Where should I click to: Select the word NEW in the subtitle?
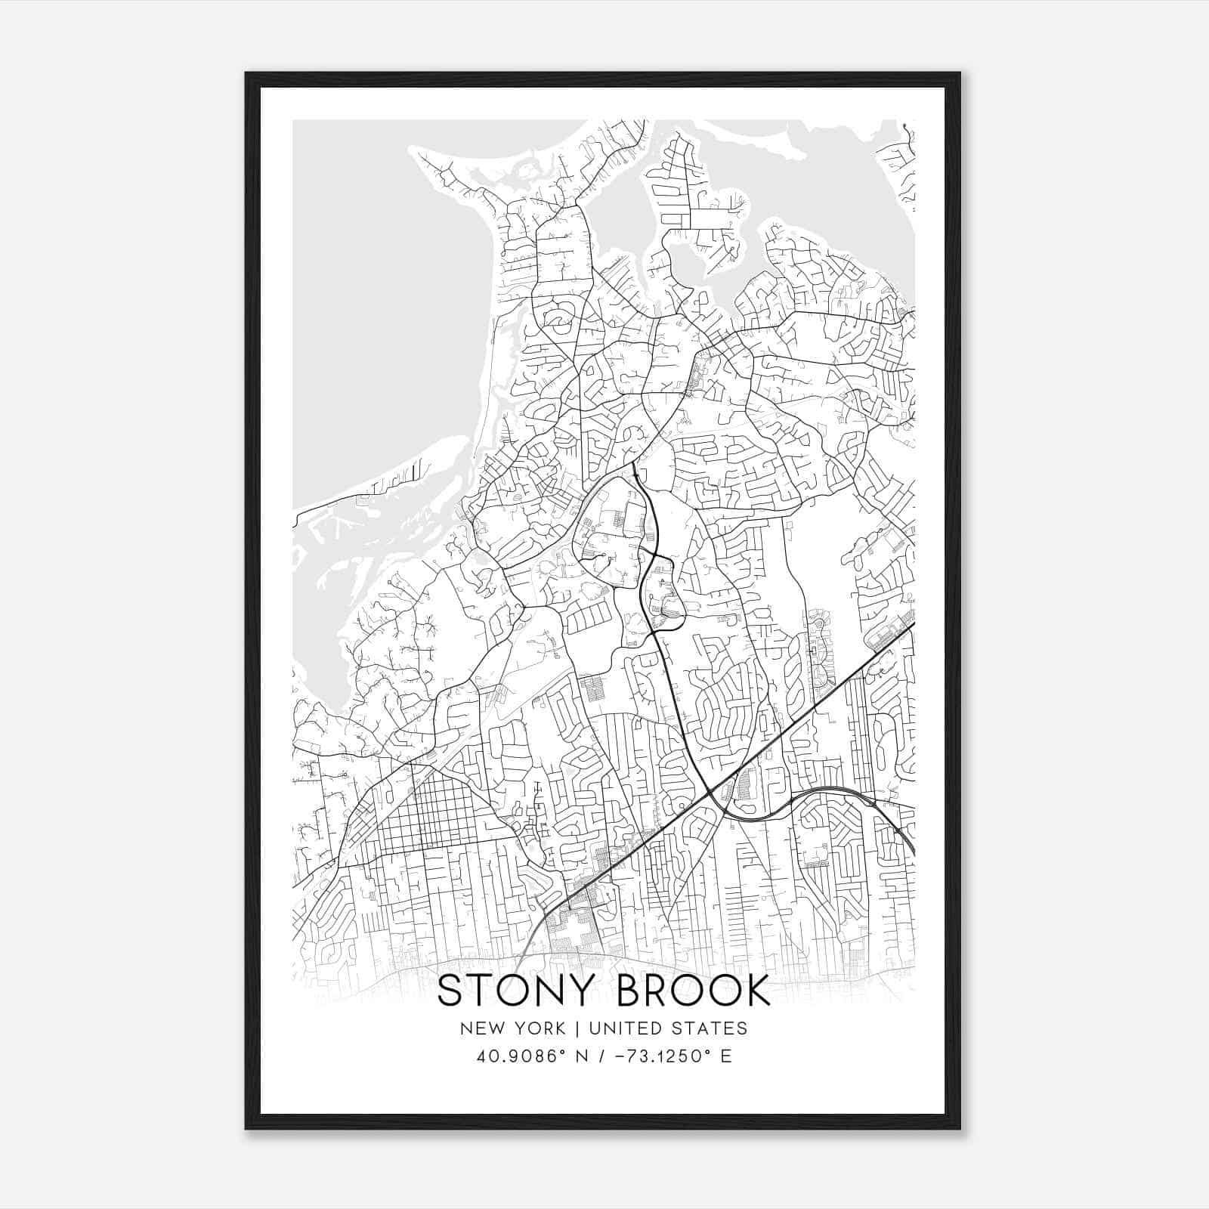point(478,1028)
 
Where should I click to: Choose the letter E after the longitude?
point(726,1056)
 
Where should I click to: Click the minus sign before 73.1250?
point(618,1056)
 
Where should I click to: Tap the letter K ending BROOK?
point(755,991)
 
